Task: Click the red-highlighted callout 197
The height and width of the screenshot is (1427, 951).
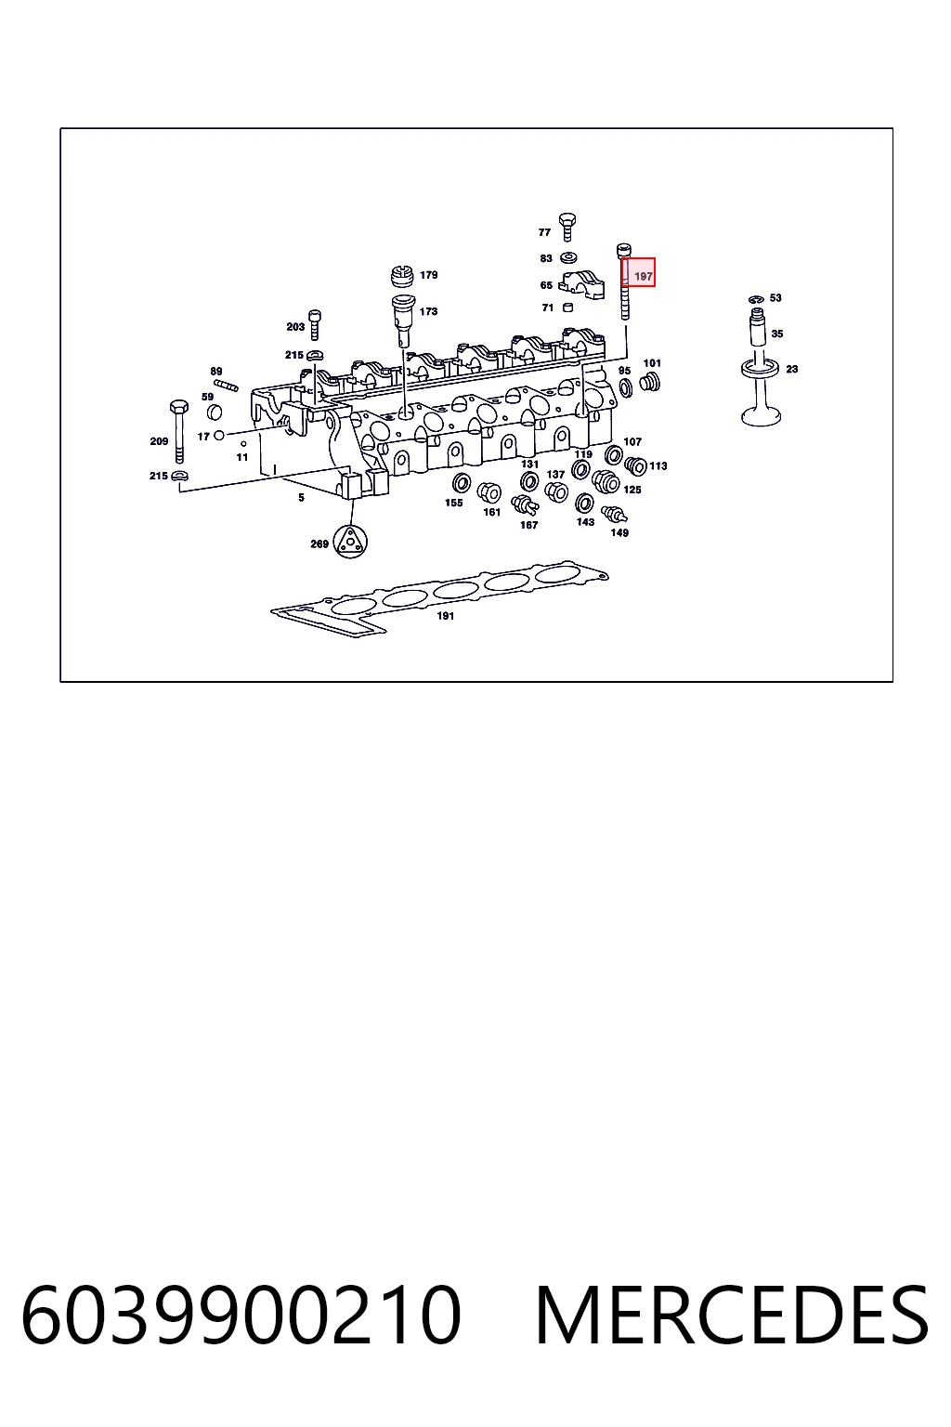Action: pos(638,272)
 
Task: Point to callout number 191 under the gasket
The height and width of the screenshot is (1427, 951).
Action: pos(445,615)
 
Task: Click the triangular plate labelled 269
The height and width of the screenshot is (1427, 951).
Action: pos(350,543)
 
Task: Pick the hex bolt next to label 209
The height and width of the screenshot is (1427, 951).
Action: pos(179,431)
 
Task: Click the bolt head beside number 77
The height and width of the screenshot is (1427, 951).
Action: pos(567,227)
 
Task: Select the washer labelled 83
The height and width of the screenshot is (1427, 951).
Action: pos(568,258)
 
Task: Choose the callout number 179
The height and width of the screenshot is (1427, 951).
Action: pos(429,275)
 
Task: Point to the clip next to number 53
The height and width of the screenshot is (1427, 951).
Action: pos(756,299)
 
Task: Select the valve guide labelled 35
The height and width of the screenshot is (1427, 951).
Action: pos(758,326)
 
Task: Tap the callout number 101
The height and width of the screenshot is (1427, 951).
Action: pos(652,363)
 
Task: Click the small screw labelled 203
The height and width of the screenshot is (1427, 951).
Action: pos(315,325)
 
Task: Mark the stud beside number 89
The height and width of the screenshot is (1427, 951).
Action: pos(226,385)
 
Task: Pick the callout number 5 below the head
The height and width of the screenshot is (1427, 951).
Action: pos(301,498)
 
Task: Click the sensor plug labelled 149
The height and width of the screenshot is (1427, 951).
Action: pos(613,514)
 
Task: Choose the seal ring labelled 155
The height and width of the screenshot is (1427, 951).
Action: pos(462,483)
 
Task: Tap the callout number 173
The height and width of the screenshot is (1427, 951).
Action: pos(429,311)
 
